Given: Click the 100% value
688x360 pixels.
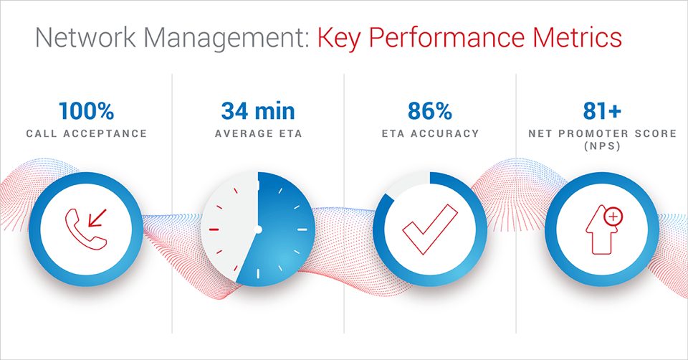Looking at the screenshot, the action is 87,111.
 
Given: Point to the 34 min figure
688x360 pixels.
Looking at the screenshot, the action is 258,111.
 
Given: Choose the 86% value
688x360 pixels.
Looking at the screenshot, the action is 430,111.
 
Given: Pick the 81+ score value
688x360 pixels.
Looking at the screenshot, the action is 602,111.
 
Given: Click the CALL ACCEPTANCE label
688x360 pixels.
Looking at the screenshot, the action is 87,133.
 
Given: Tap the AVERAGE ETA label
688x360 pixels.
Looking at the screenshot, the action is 259,133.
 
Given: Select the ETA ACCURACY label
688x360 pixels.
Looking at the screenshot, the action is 431,133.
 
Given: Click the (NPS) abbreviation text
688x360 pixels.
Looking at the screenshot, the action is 602,146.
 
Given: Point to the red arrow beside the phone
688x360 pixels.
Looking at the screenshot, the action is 97,218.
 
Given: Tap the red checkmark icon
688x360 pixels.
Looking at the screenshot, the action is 429,230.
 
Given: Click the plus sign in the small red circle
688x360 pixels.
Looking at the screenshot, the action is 613,217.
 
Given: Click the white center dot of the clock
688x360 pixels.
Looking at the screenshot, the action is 258,229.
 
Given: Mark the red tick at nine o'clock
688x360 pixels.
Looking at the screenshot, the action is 214,229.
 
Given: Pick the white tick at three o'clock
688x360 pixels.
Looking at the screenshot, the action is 302,229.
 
